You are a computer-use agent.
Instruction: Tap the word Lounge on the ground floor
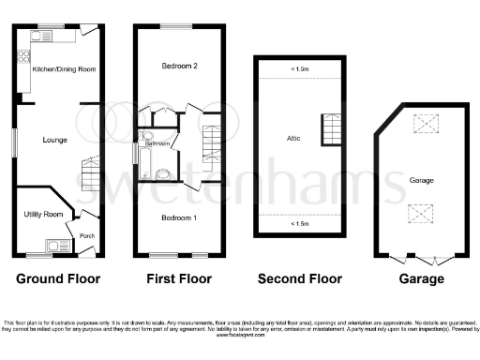pos(54,140)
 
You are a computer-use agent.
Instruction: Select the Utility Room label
pos(43,215)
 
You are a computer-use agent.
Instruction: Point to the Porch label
pos(87,235)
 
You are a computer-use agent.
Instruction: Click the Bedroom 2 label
pos(178,67)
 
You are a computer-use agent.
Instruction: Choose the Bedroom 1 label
pos(178,217)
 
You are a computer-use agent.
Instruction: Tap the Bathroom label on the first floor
pos(157,143)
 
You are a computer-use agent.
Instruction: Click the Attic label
pos(293,139)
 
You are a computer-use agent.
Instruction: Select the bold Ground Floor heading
pos(57,278)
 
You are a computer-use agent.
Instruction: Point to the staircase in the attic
pos(330,129)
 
